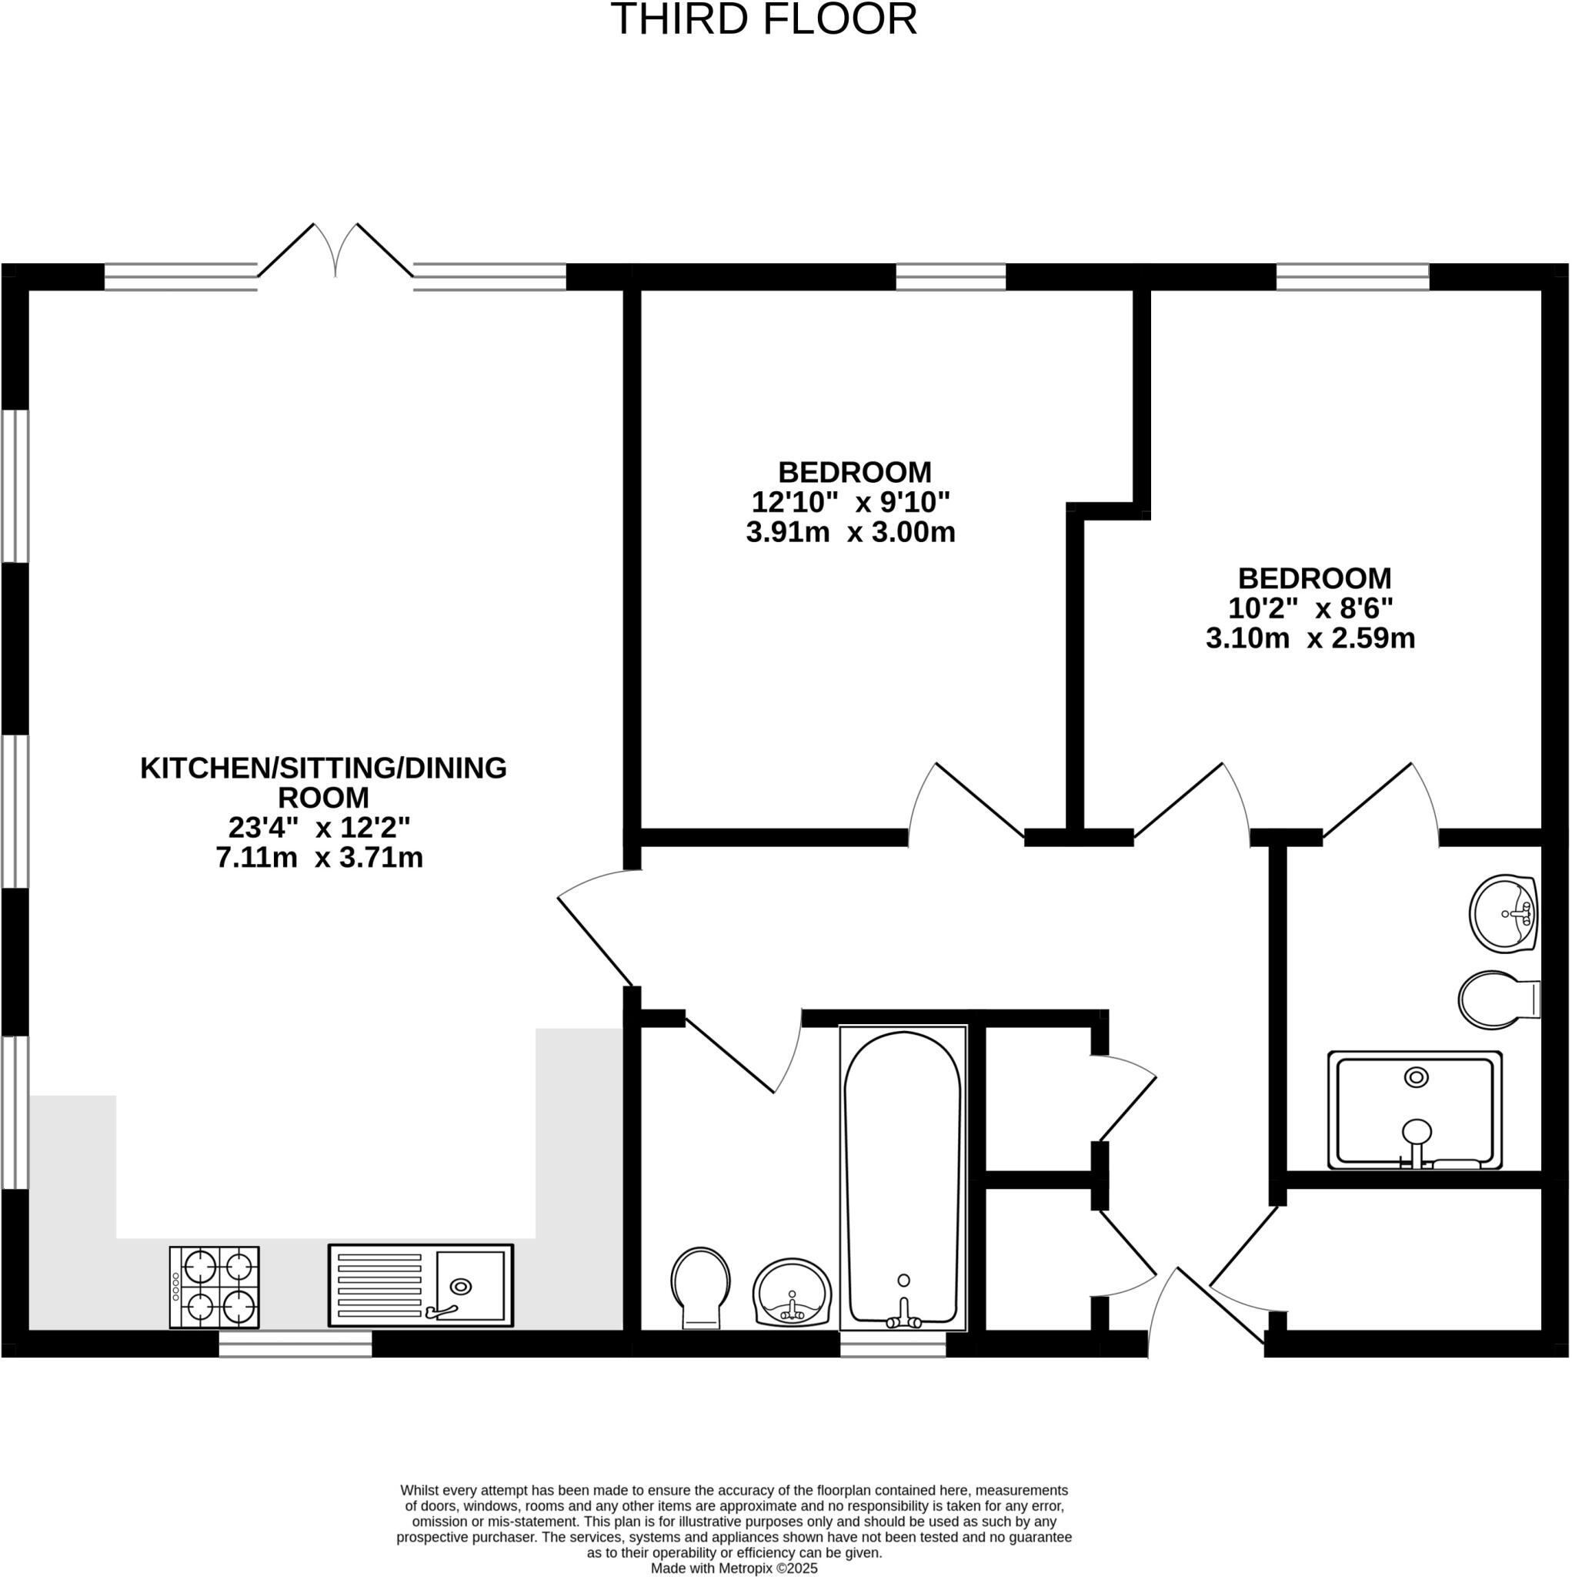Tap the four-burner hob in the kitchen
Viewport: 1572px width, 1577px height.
pyautogui.click(x=215, y=1287)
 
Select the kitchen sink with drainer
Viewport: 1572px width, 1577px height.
pyautogui.click(x=421, y=1286)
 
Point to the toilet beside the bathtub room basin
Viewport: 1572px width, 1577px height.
pyautogui.click(x=701, y=1287)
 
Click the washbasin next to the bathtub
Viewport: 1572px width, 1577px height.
pyautogui.click(x=792, y=1293)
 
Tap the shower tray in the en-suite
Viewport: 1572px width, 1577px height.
pyautogui.click(x=1414, y=1110)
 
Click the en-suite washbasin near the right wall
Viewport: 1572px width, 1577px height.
pyautogui.click(x=1503, y=913)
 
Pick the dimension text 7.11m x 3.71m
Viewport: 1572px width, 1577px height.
pyautogui.click(x=319, y=858)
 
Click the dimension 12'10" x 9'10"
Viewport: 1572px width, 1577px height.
pyautogui.click(x=851, y=501)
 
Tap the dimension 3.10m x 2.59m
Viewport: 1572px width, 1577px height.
pyautogui.click(x=1310, y=638)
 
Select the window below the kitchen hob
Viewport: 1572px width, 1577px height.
pyautogui.click(x=295, y=1344)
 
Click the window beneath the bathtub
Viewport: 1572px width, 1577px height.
pyautogui.click(x=893, y=1344)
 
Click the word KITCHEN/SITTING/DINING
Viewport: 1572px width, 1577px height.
pyautogui.click(x=323, y=768)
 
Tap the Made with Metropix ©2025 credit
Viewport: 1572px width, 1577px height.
pyautogui.click(x=733, y=1569)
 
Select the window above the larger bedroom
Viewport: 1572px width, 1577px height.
pyautogui.click(x=950, y=276)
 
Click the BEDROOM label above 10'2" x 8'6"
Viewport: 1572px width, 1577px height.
pyautogui.click(x=1314, y=578)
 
